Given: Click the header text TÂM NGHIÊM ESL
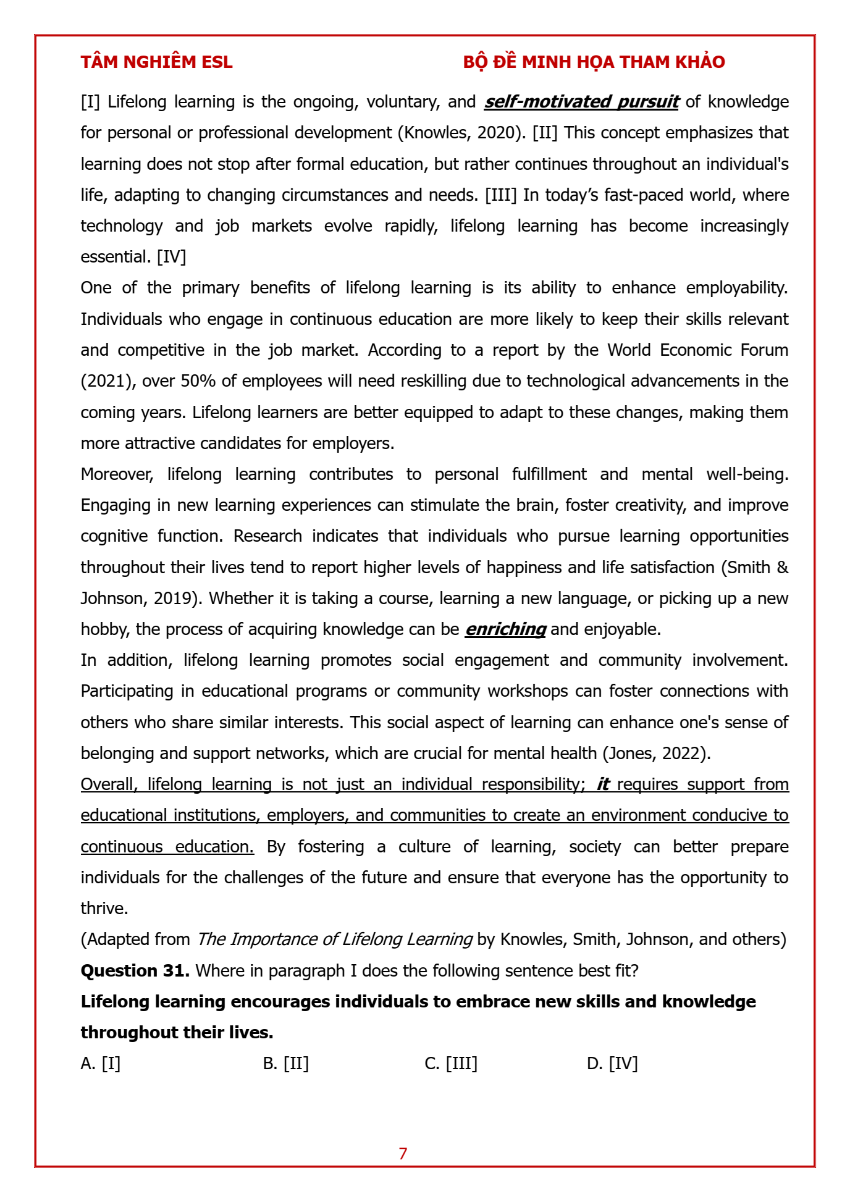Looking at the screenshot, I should [x=156, y=62].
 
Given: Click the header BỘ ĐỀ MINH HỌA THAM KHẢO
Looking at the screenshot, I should [x=594, y=62].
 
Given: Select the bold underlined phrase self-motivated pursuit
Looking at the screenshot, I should [x=581, y=102].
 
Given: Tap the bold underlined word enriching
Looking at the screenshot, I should [x=505, y=629].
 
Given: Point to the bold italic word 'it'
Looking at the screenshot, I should [x=603, y=784].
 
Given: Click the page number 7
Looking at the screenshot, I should [x=403, y=1154].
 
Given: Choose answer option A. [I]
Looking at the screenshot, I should [x=101, y=1064].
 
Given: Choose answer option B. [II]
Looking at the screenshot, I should [x=285, y=1064].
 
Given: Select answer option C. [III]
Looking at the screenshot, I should [x=451, y=1064].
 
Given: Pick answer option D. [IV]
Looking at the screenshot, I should [x=612, y=1064].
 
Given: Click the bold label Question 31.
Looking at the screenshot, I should [x=135, y=971].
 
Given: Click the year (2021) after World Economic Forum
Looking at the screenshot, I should [x=108, y=381].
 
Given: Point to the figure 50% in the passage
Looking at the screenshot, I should [x=198, y=381].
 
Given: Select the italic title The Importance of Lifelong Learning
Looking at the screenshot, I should [x=334, y=939].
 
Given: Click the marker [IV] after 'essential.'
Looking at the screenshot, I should [x=171, y=257].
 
